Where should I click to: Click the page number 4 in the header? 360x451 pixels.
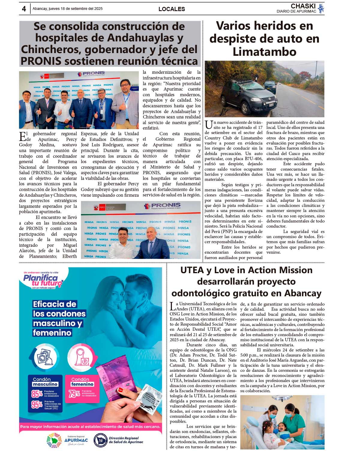pos(24,9)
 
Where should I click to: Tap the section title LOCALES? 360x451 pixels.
pos(172,9)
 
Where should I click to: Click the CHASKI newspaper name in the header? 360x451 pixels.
pos(303,6)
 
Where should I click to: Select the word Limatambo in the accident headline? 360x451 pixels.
pos(264,52)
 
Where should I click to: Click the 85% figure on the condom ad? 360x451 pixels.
pos(37,393)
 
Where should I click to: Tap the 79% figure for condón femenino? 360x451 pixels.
pos(74,393)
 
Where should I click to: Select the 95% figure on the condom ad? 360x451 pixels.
pos(37,405)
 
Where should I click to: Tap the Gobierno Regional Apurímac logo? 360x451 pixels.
pos(67,440)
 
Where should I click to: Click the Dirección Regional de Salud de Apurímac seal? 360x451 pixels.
pos(100,440)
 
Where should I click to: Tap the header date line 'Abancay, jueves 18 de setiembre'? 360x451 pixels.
pos(67,9)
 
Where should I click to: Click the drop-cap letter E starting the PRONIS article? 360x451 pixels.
pos(22,136)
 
